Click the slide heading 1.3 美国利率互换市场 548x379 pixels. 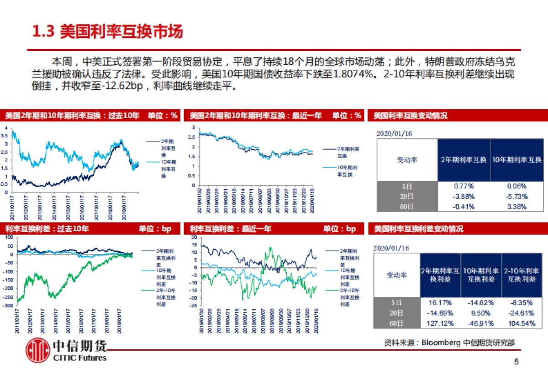point(108,31)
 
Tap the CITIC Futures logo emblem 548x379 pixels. point(37,351)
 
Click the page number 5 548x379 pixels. point(516,362)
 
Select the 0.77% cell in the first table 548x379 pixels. point(464,186)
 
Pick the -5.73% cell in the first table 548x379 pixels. point(517,196)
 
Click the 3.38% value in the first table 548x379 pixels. point(517,207)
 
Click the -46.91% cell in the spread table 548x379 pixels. point(479,323)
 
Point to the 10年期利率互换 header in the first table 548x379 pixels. point(517,160)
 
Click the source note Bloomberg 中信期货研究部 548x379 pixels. point(452,343)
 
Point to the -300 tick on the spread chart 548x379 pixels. point(9,306)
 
